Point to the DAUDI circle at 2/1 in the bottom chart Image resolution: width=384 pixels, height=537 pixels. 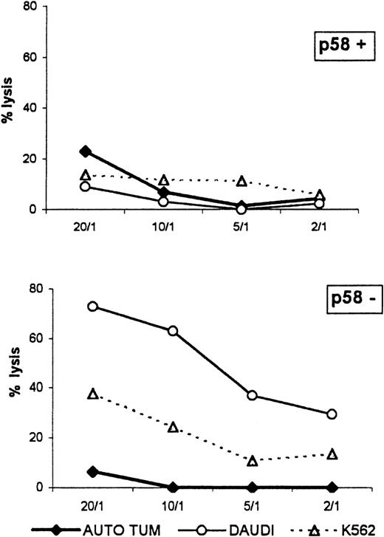pyautogui.click(x=332, y=414)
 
